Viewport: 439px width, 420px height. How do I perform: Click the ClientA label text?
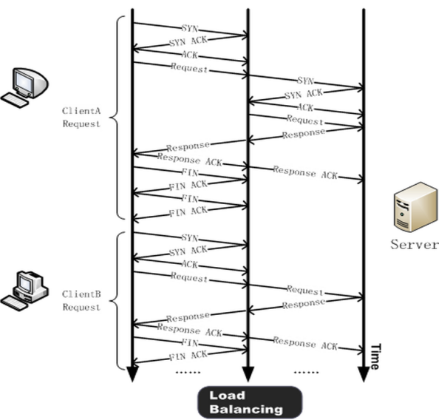pos(81,111)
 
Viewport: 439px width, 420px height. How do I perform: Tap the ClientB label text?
pos(81,294)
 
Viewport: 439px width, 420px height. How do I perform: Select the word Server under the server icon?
pos(415,245)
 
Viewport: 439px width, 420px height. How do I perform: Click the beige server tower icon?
pos(415,207)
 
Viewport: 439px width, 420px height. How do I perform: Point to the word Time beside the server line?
pos(375,356)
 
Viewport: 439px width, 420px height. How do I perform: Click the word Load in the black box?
pos(227,396)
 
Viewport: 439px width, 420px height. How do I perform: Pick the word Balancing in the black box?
pos(246,409)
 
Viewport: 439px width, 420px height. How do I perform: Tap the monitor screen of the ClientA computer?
pos(24,81)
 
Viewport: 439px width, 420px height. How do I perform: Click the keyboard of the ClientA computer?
pos(15,101)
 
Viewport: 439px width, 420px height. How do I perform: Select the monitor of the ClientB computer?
pos(25,284)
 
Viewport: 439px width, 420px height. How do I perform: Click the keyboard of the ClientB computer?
pos(15,303)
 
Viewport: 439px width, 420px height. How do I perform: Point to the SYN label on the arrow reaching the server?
pos(305,81)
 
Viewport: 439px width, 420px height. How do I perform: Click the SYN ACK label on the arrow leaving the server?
pos(304,94)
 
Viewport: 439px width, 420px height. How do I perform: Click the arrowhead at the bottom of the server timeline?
pos(364,374)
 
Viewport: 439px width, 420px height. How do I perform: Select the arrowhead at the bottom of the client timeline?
pos(132,374)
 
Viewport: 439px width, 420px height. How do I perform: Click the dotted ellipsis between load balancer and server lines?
pos(306,373)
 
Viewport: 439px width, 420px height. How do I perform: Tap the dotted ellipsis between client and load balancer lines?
pos(188,373)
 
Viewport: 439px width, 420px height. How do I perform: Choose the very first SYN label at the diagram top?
pos(190,28)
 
